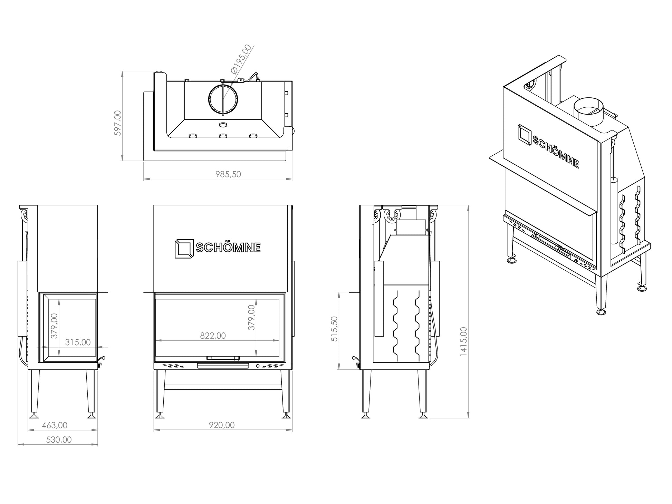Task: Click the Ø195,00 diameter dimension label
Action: [x=241, y=59]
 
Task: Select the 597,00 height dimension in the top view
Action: [x=117, y=123]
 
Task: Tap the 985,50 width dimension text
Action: [x=228, y=174]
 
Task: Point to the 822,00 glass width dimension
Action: [x=213, y=336]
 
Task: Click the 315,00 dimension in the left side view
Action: [x=78, y=342]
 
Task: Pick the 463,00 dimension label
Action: [x=55, y=425]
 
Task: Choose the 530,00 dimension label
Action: [x=59, y=440]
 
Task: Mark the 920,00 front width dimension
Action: [x=222, y=425]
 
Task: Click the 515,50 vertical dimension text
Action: [x=334, y=329]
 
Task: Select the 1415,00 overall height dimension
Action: [x=463, y=342]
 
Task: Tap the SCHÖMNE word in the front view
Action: [x=228, y=248]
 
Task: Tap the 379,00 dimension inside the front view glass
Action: [x=251, y=317]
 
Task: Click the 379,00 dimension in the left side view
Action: [x=54, y=326]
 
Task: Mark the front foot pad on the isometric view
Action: [x=601, y=312]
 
